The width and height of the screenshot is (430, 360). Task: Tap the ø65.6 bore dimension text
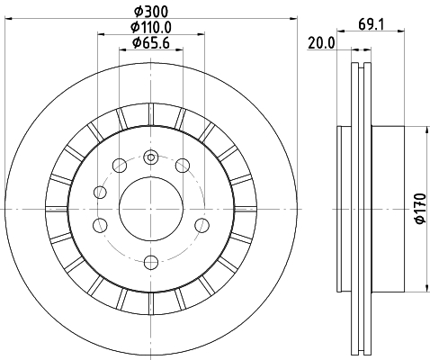(x=150, y=42)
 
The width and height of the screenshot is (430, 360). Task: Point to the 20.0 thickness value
(x=320, y=42)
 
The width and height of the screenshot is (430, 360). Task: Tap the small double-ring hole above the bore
(x=150, y=158)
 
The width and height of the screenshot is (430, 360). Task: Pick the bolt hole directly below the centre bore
(x=149, y=262)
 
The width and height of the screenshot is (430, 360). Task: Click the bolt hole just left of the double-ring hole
(x=119, y=165)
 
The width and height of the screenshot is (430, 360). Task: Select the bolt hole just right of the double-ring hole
(x=182, y=165)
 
